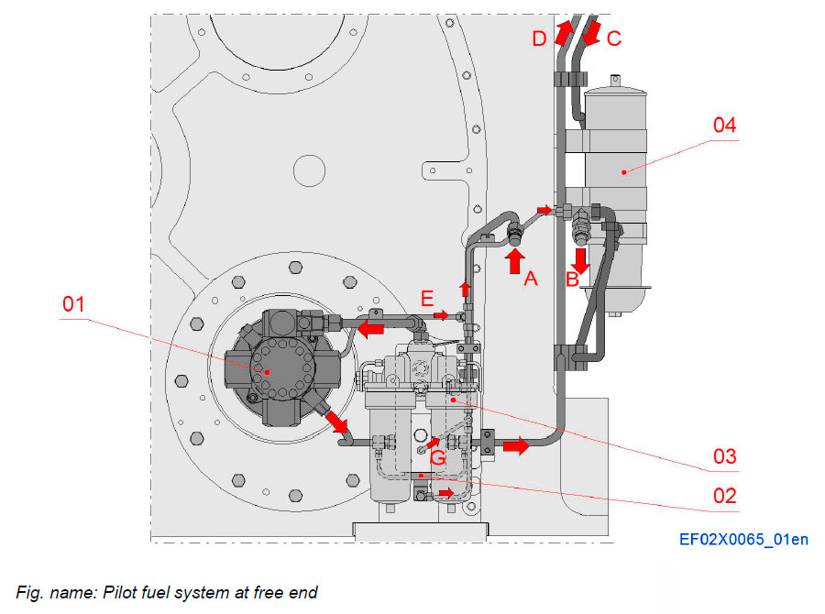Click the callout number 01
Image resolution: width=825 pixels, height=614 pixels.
coord(74,303)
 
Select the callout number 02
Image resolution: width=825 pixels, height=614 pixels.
coord(725,496)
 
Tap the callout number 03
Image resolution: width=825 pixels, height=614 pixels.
coord(725,455)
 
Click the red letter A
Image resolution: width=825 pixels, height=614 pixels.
coord(530,280)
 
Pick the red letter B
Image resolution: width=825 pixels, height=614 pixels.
coord(571,280)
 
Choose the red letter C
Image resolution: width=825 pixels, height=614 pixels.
coord(614,38)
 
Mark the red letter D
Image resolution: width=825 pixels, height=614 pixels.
coord(540,38)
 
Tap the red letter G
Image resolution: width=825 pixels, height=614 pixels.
coord(438,457)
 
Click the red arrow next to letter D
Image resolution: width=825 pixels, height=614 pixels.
coord(564,33)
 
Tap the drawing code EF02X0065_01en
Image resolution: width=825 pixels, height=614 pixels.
coord(743,539)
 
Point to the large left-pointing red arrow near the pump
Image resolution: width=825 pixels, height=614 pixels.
coord(370,327)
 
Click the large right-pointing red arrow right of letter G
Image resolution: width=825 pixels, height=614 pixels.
coord(515,446)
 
